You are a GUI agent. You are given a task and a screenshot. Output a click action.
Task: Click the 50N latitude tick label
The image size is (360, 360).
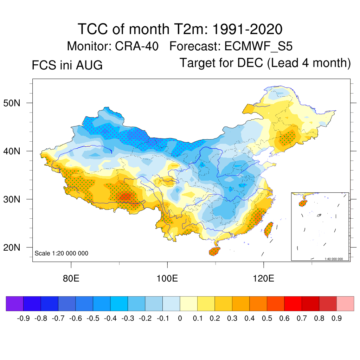point(12,103)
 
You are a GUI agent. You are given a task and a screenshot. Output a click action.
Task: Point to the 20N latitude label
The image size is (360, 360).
point(12,248)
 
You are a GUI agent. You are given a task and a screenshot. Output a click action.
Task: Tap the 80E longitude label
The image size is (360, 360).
point(71,278)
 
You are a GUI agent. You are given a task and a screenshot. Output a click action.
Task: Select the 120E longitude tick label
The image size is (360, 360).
point(263,278)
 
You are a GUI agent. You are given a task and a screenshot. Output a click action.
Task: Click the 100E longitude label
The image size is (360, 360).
point(167,278)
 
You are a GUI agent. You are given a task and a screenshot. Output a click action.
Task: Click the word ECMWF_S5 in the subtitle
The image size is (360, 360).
point(258,46)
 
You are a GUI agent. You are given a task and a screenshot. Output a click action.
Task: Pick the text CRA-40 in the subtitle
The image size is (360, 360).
point(137,46)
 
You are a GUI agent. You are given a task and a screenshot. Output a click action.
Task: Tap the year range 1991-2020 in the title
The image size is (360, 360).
point(247,29)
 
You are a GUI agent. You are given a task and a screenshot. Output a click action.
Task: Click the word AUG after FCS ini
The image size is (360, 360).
point(89,65)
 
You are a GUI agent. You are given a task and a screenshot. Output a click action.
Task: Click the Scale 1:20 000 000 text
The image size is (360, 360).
point(61,253)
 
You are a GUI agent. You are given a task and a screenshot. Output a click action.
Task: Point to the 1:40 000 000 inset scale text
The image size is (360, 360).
point(334,259)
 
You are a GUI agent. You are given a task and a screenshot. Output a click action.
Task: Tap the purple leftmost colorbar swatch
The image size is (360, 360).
point(15,303)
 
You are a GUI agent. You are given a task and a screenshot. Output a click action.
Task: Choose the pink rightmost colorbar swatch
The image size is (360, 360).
point(345,303)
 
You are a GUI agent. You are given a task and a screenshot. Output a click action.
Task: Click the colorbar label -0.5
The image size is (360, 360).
point(93,319)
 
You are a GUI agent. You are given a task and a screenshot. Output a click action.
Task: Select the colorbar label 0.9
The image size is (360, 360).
point(336,319)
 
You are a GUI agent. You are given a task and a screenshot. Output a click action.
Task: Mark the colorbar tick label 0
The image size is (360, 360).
point(180,319)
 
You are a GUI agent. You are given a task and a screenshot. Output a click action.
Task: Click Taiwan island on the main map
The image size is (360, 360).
point(269,229)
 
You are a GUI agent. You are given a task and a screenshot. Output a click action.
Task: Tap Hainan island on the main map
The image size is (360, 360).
point(214,251)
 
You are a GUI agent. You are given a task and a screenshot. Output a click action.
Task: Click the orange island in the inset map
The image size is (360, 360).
point(303,203)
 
